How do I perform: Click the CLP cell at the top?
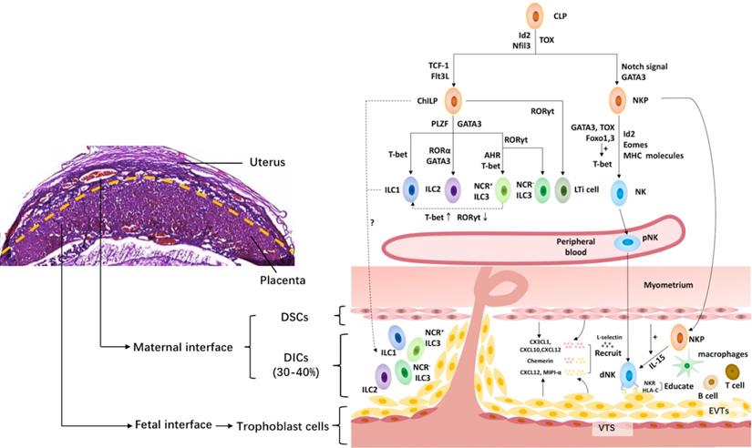pyautogui.click(x=534, y=16)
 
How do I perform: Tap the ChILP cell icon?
pyautogui.click(x=452, y=101)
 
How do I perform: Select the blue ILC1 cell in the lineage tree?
pyautogui.click(x=410, y=191)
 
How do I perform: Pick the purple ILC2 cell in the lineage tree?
pyautogui.click(x=452, y=191)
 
